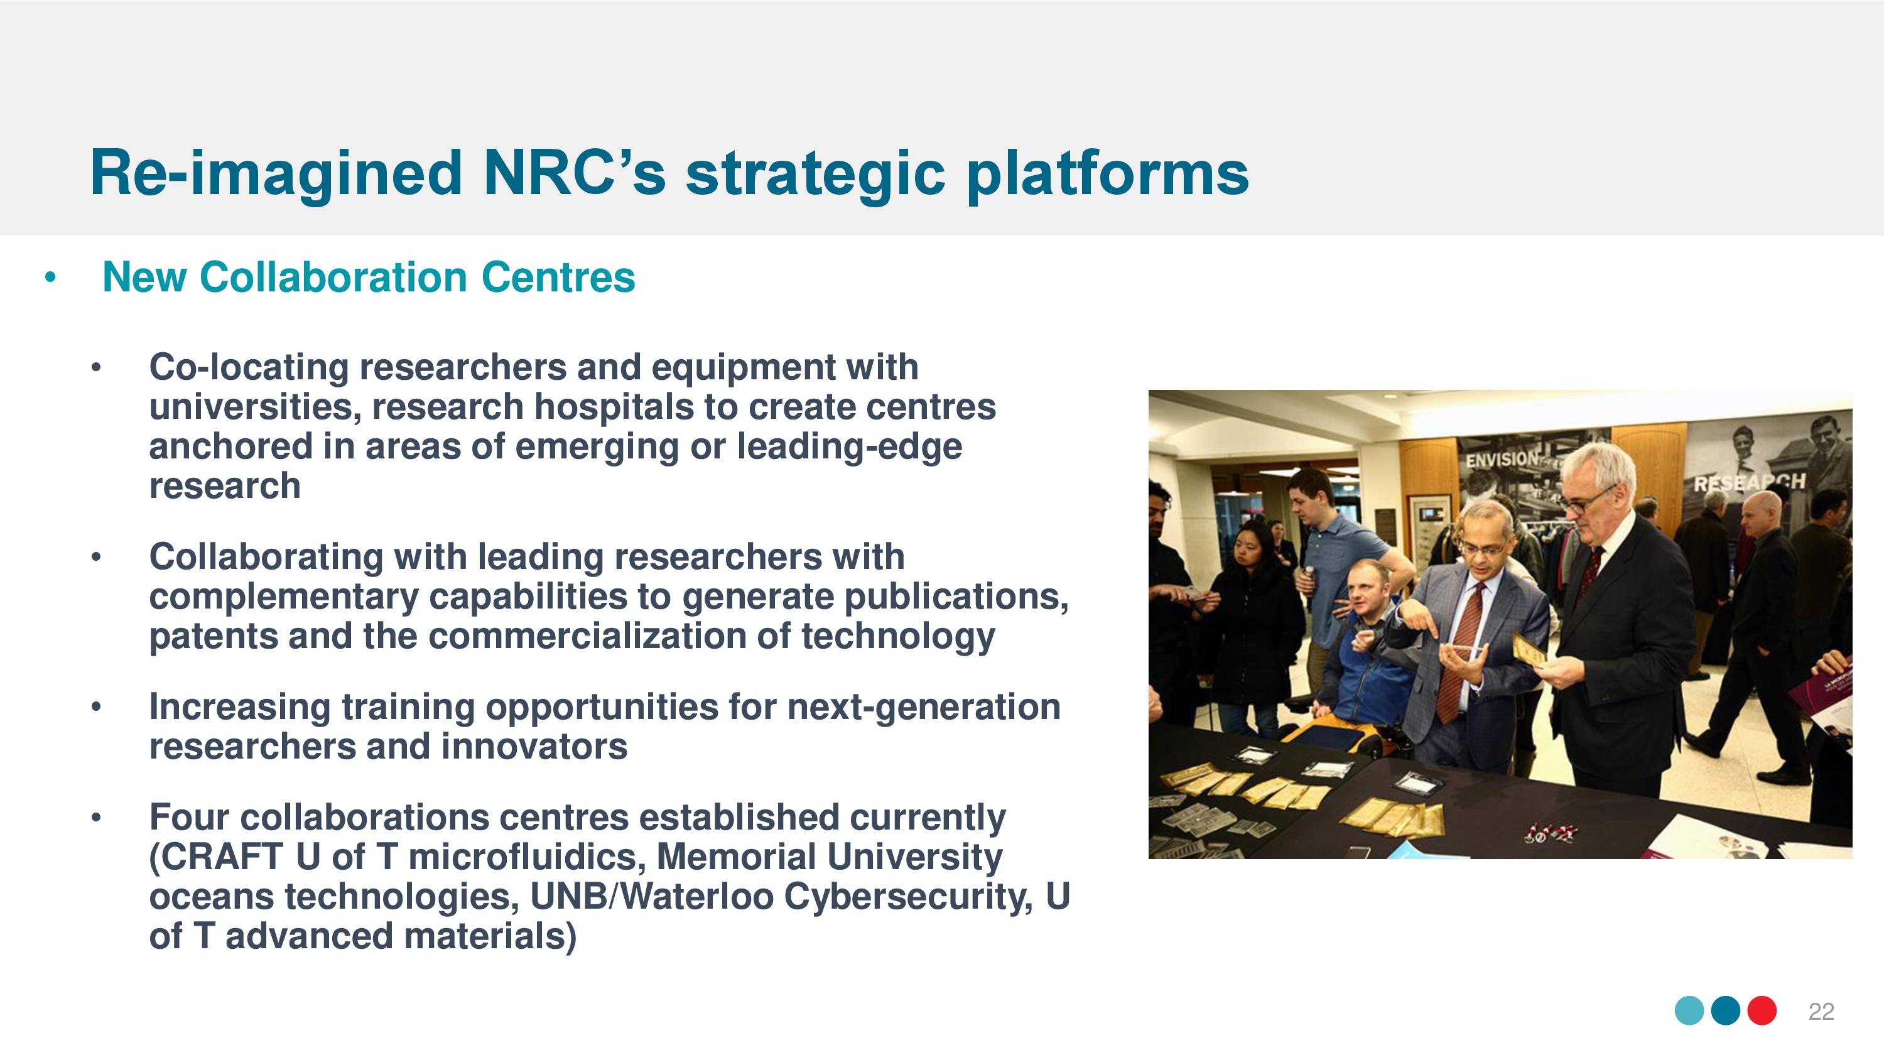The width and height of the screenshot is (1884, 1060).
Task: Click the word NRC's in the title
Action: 575,173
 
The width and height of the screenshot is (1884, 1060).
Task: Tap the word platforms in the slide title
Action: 1107,176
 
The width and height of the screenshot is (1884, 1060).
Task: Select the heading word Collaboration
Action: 333,278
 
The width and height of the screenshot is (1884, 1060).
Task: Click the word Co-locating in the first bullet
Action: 249,367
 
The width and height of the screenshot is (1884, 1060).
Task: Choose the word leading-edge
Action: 849,447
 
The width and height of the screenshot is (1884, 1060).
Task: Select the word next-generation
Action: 924,707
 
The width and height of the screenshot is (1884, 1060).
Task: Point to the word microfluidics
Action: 528,857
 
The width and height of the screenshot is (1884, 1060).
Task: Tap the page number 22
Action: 1821,1011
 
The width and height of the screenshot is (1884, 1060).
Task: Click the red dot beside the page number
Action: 1762,1011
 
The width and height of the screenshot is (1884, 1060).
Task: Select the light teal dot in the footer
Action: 1689,1011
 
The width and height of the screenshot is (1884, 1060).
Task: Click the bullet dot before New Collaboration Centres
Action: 50,278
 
